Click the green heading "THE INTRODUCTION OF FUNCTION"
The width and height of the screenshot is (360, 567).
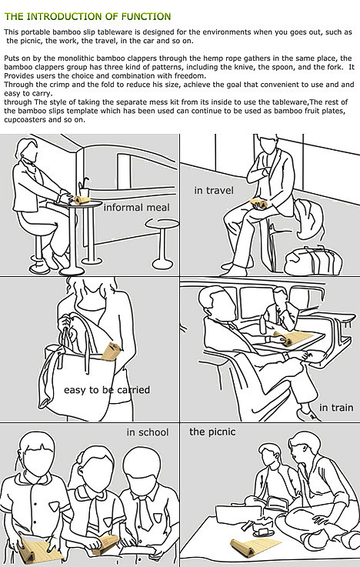(88, 16)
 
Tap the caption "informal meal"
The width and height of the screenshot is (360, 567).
(136, 207)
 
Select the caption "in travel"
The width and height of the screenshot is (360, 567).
(214, 190)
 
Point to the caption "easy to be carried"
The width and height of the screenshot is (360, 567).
(107, 390)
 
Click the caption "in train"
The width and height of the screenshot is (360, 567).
(336, 408)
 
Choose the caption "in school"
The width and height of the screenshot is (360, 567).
(148, 432)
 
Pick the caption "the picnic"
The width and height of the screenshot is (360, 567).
(212, 432)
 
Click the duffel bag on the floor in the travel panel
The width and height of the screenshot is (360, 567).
(313, 259)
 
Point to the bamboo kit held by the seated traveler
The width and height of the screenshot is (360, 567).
(259, 204)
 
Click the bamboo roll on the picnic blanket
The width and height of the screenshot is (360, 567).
(255, 546)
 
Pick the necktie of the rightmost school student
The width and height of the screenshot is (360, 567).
(146, 512)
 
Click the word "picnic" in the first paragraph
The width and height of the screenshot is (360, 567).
(30, 41)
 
